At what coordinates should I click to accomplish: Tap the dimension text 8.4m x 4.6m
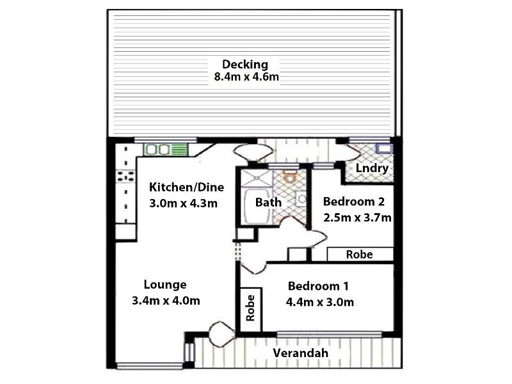point(247,77)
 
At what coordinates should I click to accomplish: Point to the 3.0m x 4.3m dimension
point(184,204)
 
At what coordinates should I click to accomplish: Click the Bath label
point(268,202)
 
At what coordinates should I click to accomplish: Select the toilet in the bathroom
point(290,177)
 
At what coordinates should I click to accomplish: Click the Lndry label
point(369,168)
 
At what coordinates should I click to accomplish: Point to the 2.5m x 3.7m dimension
point(358,217)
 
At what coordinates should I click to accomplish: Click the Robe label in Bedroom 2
point(359,254)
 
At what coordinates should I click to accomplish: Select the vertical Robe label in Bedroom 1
point(250,308)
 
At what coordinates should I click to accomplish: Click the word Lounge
point(164,285)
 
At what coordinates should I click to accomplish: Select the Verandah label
point(300,353)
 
